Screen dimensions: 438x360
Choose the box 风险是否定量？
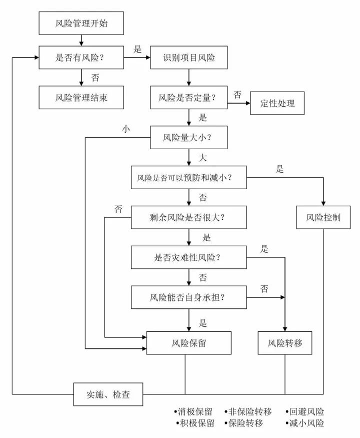pyautogui.click(x=188, y=97)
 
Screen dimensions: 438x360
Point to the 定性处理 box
pyautogui.click(x=277, y=104)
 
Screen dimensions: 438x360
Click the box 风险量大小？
pyautogui.click(x=188, y=137)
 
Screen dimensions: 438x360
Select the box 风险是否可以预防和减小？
pyautogui.click(x=188, y=177)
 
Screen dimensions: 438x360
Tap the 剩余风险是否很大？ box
pyautogui.click(x=188, y=218)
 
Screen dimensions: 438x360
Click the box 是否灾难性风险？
pyautogui.click(x=188, y=258)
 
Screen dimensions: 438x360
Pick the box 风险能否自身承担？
pyautogui.click(x=188, y=297)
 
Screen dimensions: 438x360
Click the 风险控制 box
pyautogui.click(x=323, y=218)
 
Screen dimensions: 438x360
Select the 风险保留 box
pyautogui.click(x=188, y=343)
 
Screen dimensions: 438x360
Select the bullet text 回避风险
pyautogui.click(x=306, y=412)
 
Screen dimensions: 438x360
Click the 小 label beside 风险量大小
pyautogui.click(x=125, y=128)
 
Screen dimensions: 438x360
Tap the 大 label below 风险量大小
pyautogui.click(x=202, y=158)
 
